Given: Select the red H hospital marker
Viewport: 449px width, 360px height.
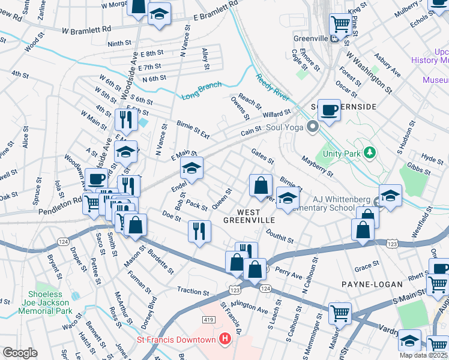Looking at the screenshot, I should pyautogui.click(x=224, y=340).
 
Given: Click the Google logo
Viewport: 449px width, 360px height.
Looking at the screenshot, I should pyautogui.click(x=20, y=353).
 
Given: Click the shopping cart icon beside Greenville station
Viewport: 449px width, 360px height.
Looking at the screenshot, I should pyautogui.click(x=340, y=25).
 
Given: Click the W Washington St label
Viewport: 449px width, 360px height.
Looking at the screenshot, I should pyautogui.click(x=369, y=70).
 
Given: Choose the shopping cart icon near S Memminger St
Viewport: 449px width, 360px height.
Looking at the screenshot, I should pyautogui.click(x=340, y=313).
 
